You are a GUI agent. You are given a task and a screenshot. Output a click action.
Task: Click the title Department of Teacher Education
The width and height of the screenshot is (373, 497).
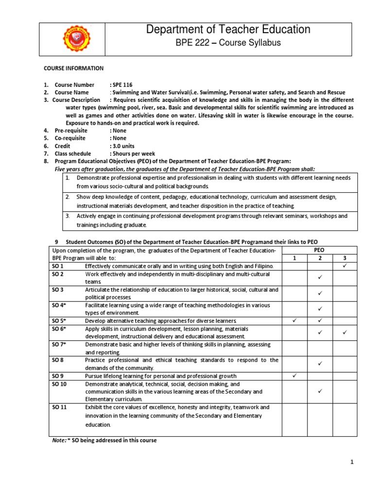228,30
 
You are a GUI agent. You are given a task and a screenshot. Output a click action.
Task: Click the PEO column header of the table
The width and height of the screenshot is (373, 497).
320,250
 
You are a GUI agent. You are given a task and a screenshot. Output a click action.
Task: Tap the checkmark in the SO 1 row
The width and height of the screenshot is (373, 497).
345,266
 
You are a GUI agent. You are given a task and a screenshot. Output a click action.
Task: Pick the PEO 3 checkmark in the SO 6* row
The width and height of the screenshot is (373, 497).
345,332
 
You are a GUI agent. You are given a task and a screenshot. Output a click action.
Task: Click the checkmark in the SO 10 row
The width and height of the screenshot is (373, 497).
320,391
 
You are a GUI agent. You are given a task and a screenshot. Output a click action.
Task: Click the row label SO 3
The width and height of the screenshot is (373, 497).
58,290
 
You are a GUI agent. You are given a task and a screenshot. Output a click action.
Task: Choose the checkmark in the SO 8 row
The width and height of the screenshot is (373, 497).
320,364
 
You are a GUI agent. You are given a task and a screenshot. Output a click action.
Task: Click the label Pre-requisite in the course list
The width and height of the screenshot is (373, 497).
73,131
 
